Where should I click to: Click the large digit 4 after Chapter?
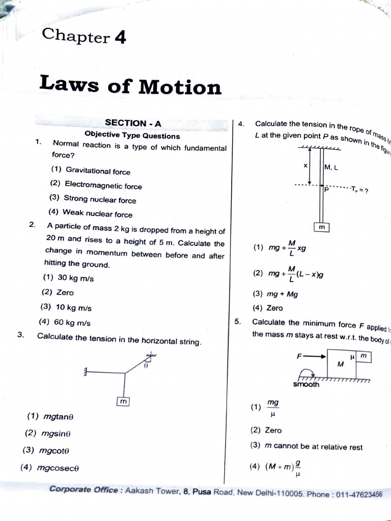[x=120, y=38]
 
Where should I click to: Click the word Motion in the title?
[x=180, y=87]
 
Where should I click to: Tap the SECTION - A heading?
[x=133, y=123]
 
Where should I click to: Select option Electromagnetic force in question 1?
[x=103, y=186]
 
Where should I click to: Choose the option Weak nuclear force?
[x=97, y=214]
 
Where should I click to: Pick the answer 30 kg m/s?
[x=75, y=278]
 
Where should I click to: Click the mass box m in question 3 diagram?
[x=123, y=402]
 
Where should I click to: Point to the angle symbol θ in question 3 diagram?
[x=146, y=365]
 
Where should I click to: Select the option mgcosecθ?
[x=58, y=468]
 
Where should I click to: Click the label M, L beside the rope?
[x=331, y=167]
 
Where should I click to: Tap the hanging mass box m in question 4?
[x=322, y=227]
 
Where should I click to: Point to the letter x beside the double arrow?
[x=305, y=166]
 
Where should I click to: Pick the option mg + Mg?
[x=282, y=294]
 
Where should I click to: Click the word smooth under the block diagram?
[x=306, y=385]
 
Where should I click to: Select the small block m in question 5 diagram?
[x=363, y=356]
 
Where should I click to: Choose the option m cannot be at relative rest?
[x=314, y=447]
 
